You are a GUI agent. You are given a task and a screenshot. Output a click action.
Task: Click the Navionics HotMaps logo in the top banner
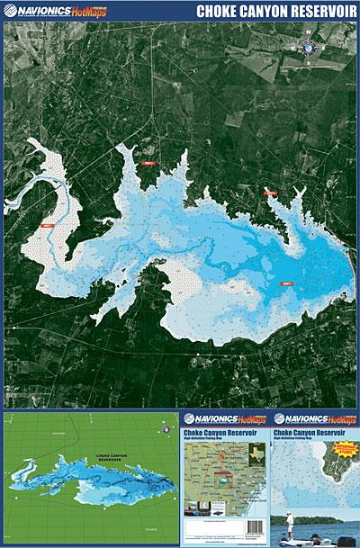point(54,11)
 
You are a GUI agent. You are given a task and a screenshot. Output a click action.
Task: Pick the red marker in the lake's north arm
point(149,163)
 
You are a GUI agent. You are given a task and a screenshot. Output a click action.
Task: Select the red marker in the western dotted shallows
point(47,225)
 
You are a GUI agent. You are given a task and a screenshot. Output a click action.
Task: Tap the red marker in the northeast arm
point(269,193)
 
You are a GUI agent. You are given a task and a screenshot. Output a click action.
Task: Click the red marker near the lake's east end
point(289,283)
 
